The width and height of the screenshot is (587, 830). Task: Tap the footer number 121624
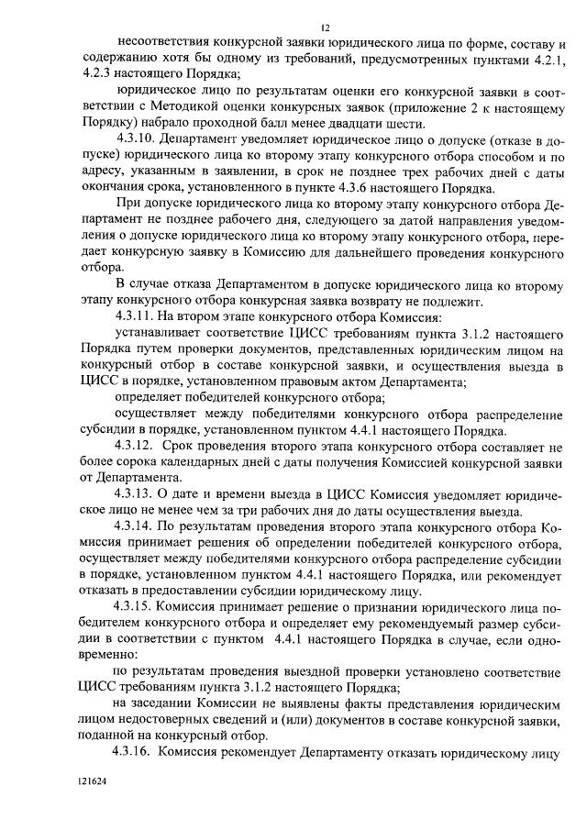tap(93, 787)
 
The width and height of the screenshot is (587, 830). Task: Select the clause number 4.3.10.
tap(135, 139)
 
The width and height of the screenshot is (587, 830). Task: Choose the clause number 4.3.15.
tap(135, 608)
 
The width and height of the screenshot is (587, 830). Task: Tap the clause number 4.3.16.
tap(135, 754)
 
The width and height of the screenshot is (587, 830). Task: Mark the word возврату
tap(410, 300)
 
